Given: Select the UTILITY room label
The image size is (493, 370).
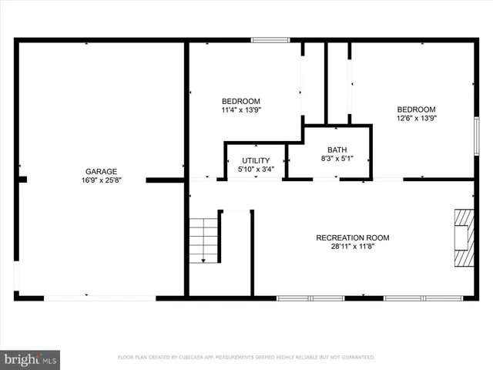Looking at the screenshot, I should point(255,160).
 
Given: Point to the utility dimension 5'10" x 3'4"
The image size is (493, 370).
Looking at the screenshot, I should point(255,169).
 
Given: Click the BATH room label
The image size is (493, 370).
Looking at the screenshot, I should point(337,150).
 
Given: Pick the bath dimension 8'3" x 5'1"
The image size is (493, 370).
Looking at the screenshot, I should point(337,158).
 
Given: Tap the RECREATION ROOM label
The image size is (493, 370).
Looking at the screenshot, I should point(353,237).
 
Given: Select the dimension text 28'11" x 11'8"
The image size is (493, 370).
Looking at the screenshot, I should point(353,247).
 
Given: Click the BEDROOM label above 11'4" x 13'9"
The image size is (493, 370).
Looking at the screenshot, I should point(241,101).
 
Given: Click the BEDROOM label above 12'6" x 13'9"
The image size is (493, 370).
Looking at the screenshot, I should point(416,109).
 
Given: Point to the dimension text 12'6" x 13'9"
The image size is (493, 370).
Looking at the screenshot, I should point(416,118).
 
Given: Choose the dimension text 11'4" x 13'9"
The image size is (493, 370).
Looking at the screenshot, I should point(241,109).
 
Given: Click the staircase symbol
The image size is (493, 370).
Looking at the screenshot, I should point(205,240).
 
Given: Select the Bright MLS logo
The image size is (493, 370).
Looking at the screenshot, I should point(30,359).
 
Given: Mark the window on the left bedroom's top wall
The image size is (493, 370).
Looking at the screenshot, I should point(270,40).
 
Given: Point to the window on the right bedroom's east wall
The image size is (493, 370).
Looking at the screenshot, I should point(477,137).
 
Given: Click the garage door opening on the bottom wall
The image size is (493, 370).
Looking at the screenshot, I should point(100,297).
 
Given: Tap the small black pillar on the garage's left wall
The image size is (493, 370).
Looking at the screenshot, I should point(22,180).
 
